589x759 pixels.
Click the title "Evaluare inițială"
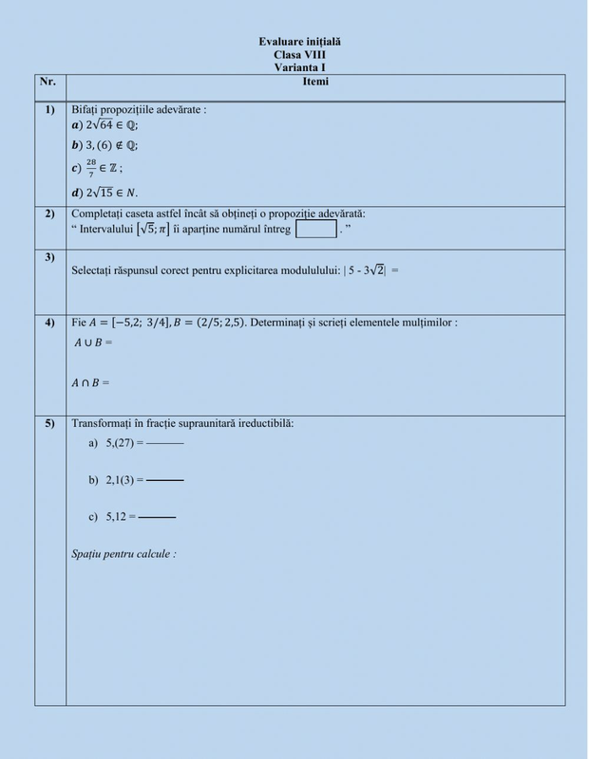[299, 43]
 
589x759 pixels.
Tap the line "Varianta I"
[299, 68]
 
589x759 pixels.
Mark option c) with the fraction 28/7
[99, 168]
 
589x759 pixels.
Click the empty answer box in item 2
[316, 229]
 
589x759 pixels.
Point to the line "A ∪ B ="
[93, 341]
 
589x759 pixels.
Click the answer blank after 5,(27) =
[165, 444]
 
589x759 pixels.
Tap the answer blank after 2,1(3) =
[165, 481]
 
